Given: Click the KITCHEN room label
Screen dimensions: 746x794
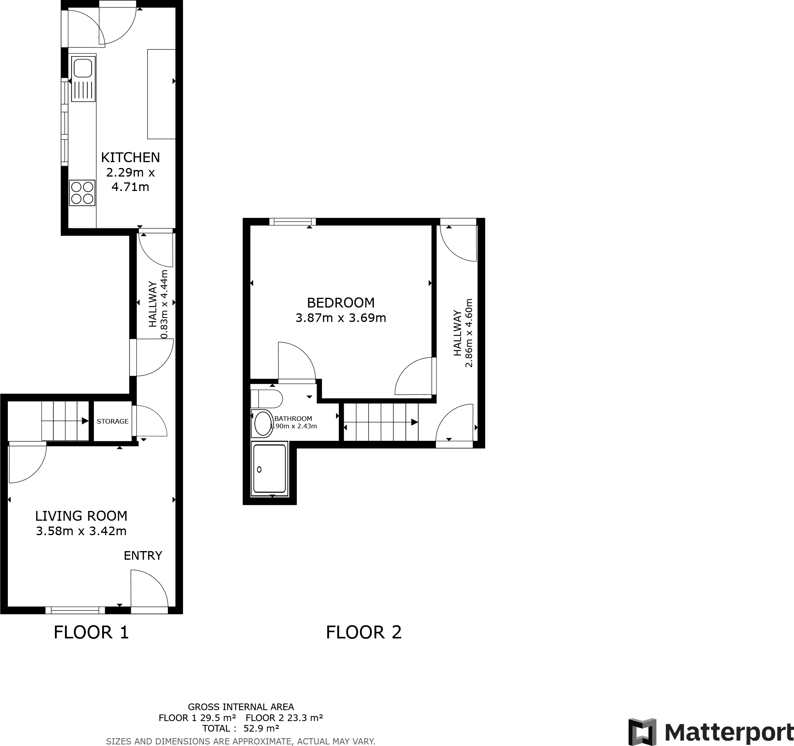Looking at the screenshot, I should (130, 157).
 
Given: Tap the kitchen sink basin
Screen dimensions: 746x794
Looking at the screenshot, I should (83, 68).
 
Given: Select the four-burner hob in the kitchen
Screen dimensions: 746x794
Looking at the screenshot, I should (82, 193).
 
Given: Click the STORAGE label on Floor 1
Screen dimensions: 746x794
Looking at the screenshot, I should (113, 421).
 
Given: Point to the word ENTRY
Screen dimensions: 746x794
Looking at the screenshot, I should (143, 556).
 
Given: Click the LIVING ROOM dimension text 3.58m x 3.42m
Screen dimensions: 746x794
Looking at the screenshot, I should (81, 531).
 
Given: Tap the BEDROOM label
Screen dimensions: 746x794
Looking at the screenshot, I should (340, 302).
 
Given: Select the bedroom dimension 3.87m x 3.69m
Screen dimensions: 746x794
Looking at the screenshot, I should (340, 318).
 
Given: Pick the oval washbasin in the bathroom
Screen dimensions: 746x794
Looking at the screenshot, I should (262, 423).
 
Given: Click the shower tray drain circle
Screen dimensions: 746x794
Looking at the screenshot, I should (259, 470).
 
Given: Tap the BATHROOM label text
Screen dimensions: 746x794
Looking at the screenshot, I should (293, 419).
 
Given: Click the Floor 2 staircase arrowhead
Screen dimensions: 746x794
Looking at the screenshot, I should (415, 422).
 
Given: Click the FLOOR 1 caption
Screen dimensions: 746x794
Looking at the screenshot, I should (91, 633).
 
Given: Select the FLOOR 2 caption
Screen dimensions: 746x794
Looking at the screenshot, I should (363, 633).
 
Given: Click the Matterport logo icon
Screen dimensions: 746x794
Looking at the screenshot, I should (642, 732).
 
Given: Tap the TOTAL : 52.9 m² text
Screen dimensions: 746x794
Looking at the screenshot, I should (240, 728).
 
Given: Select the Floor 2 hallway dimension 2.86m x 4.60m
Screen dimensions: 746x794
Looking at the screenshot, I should (469, 332).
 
